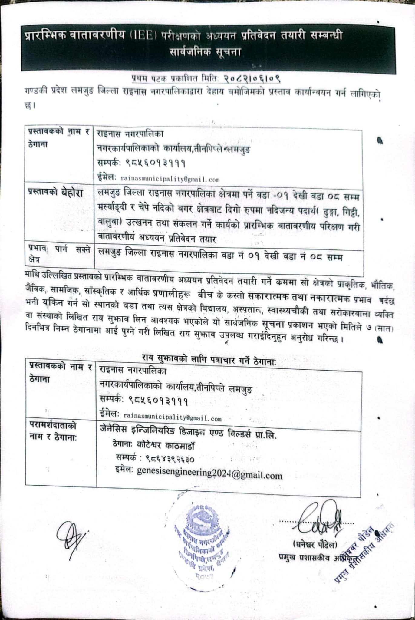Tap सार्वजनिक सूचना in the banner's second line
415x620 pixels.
click(x=205, y=52)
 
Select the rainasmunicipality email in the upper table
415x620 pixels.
click(x=170, y=179)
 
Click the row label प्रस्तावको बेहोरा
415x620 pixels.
click(x=55, y=193)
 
